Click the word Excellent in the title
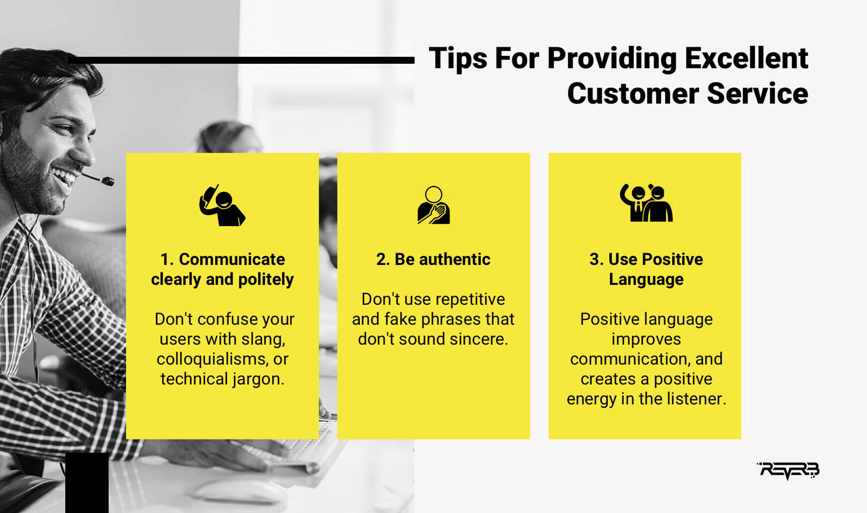point(746,58)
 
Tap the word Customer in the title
point(633,94)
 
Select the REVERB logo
point(788,470)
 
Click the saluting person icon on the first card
point(222,205)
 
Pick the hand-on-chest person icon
point(433,205)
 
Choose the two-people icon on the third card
point(646,203)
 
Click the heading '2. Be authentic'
point(433,259)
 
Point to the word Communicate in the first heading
point(232,259)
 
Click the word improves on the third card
point(646,340)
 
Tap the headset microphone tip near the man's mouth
point(107,181)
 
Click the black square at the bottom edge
point(87,483)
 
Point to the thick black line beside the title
point(241,60)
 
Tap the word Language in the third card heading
point(646,280)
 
